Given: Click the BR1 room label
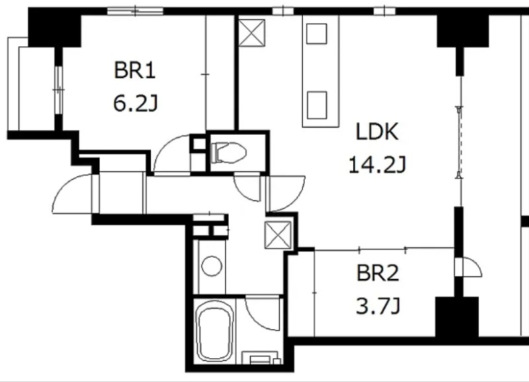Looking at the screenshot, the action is point(135,70).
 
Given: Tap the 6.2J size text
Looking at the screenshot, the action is point(136,103).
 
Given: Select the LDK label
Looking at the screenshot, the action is point(377,132).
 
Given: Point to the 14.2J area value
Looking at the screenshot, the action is point(377,165).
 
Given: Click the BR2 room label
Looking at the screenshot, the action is point(378,273).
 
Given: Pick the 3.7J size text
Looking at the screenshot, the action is point(378,306).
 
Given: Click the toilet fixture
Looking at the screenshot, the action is point(228,153).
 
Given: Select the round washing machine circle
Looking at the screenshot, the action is point(212,266).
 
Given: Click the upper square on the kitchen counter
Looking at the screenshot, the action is point(317,34).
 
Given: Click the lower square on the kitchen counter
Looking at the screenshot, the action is point(317,105).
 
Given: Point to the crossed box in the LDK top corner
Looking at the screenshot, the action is point(252,32).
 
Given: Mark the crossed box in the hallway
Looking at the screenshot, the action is point(278,235).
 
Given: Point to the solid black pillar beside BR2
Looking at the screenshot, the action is point(457,317).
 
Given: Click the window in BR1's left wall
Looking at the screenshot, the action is point(59,90).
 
